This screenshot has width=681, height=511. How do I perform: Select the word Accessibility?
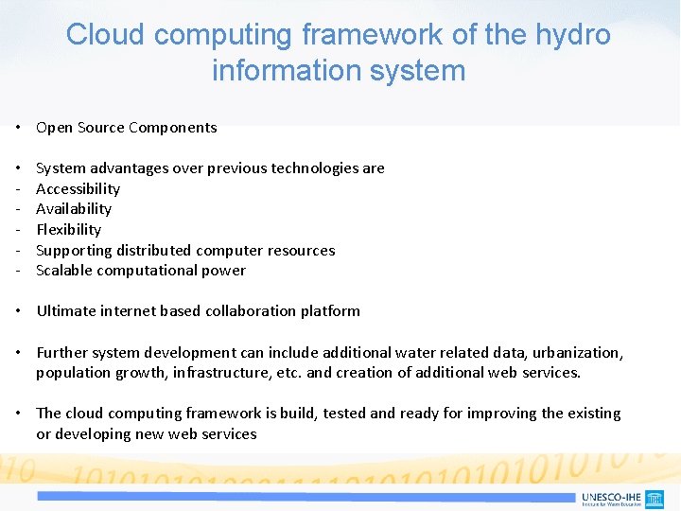[78, 188]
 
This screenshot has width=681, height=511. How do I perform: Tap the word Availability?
[74, 209]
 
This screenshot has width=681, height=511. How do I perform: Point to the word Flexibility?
[68, 229]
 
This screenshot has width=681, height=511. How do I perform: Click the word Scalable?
[63, 271]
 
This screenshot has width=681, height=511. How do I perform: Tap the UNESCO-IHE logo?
[621, 498]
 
